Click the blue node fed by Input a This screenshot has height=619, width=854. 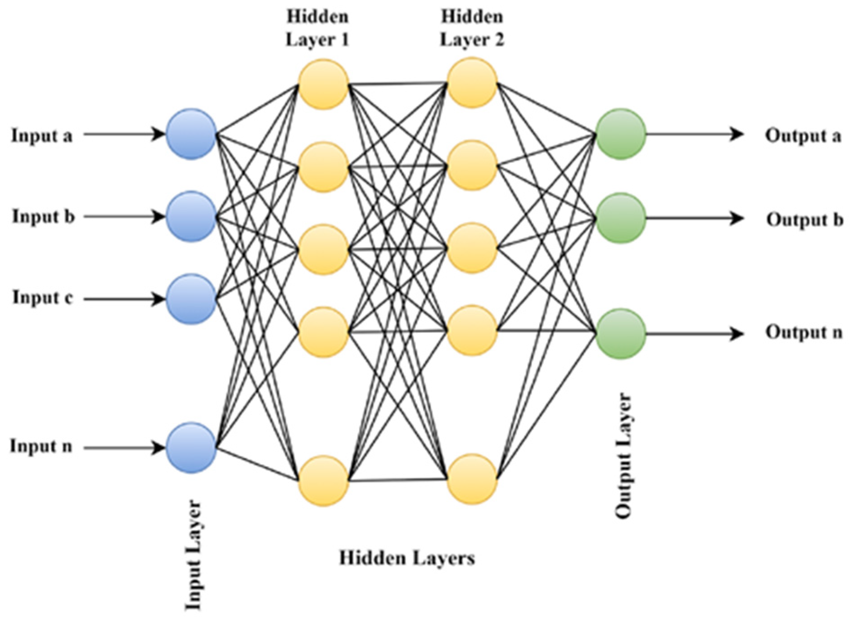(191, 134)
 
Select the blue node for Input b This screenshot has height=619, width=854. (191, 216)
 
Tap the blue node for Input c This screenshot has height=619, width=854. (191, 299)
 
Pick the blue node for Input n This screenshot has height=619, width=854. (191, 448)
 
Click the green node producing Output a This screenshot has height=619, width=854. (620, 134)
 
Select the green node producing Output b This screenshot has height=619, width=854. (620, 218)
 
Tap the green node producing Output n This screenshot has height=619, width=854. (620, 333)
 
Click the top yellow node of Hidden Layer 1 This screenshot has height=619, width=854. (323, 84)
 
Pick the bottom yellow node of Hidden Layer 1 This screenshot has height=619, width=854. (323, 480)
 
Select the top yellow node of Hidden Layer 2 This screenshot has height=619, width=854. (472, 83)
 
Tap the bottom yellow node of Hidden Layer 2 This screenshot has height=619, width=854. (472, 479)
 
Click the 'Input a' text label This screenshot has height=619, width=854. (42, 135)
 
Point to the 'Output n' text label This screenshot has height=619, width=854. (804, 332)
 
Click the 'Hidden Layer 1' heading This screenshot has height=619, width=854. (317, 28)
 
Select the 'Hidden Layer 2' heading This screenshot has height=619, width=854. (472, 28)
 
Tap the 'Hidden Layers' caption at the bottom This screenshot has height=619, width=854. (407, 558)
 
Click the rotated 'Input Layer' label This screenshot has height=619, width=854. (194, 556)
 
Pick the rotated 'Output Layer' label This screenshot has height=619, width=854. (624, 455)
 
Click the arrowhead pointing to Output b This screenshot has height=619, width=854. (737, 218)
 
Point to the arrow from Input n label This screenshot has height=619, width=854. (124, 448)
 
